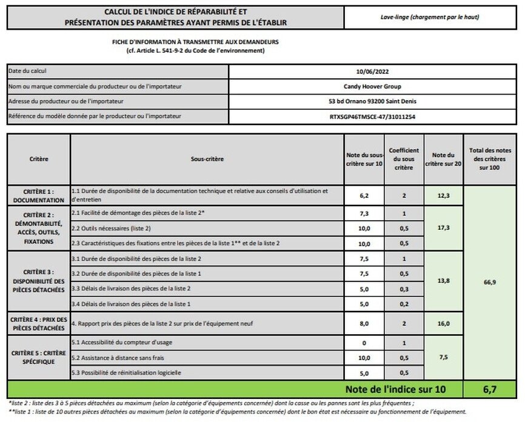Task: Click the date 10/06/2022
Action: click(372, 71)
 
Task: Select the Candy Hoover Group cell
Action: click(372, 86)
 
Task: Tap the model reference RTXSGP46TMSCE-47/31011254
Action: click(372, 116)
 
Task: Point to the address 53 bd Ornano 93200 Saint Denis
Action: click(372, 101)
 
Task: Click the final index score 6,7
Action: click(490, 389)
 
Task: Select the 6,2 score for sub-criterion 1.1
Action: click(364, 195)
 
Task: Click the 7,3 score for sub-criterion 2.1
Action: click(364, 214)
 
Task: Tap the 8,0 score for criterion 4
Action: click(364, 324)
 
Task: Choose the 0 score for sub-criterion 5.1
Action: click(364, 343)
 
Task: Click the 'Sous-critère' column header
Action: click(207, 159)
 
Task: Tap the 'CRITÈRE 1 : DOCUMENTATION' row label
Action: click(39, 195)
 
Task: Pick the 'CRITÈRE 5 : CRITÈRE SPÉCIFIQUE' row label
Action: click(39, 357)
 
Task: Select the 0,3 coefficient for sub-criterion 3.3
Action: click(404, 289)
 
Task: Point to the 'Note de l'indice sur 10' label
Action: click(401, 389)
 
